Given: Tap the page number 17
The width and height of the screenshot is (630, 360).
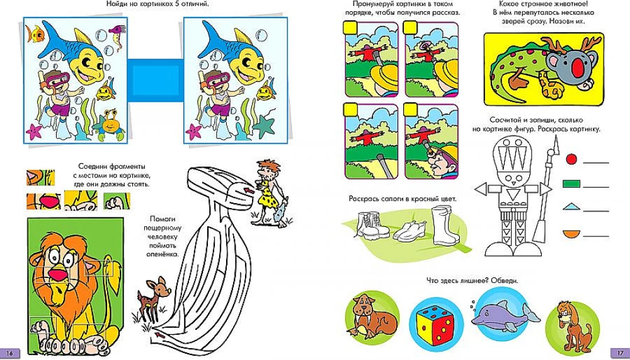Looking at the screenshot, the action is (619, 353).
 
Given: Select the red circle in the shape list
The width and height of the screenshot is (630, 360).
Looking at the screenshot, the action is (571, 160).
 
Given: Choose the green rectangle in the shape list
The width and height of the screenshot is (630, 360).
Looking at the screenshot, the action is (571, 184).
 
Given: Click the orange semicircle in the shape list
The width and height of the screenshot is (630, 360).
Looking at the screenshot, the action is (571, 233).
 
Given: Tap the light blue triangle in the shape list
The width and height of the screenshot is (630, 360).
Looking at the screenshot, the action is (571, 207).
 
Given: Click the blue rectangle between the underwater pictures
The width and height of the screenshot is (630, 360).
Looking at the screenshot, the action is (156, 80).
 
